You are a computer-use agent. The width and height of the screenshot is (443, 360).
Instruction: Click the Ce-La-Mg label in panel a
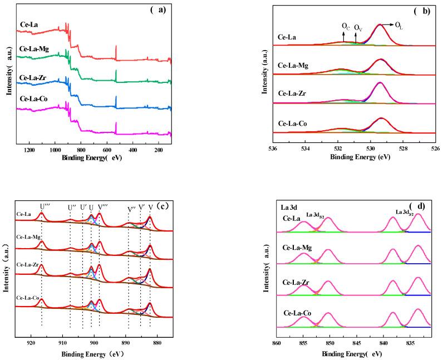35,48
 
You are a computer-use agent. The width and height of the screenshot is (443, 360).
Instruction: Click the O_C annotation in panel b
346,26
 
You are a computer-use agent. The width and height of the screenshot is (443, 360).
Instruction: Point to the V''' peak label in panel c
103,207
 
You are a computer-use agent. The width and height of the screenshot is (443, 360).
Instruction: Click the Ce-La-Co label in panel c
28,298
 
